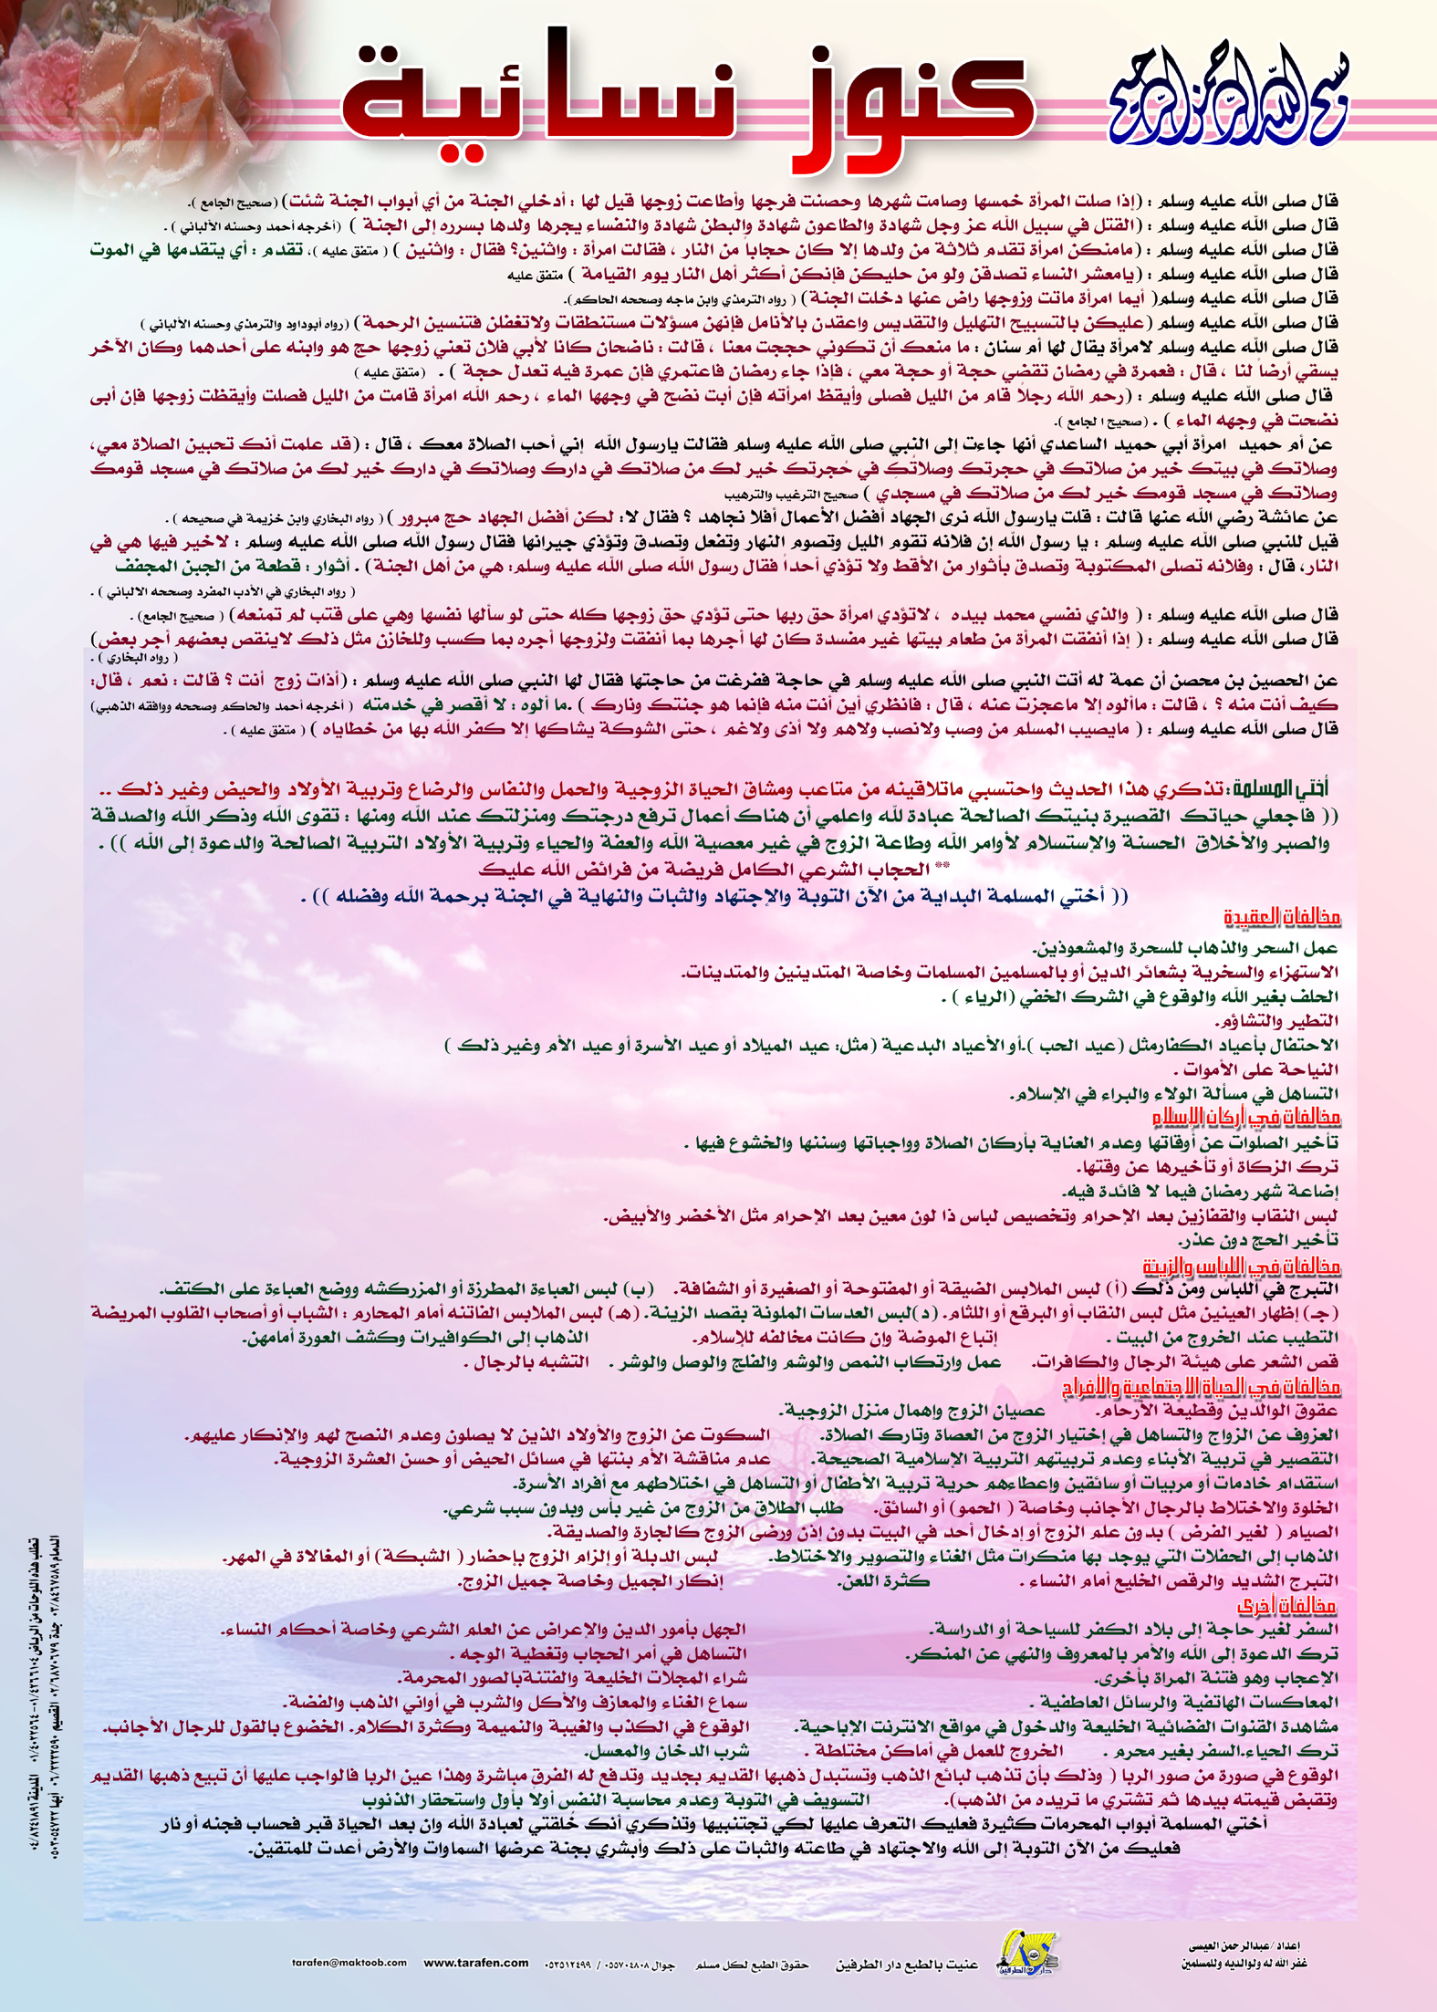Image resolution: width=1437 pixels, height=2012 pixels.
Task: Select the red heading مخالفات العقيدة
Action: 1282,916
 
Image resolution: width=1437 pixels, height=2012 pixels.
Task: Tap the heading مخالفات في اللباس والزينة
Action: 1241,1266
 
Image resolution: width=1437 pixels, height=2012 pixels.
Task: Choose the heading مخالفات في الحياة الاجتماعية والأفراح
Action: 1201,1388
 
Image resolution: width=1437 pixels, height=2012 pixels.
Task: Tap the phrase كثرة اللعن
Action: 883,1581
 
